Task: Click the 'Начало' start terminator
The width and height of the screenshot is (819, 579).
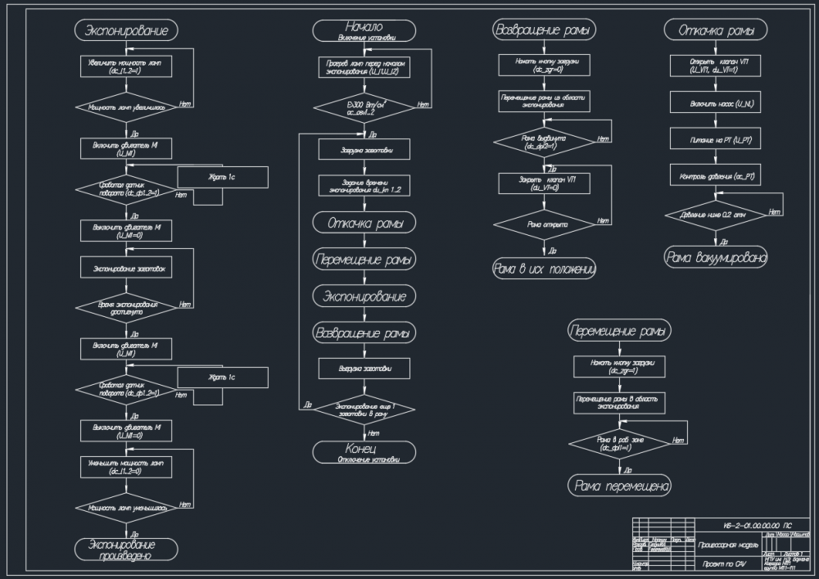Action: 364,30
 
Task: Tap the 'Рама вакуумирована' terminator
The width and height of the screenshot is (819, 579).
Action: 716,258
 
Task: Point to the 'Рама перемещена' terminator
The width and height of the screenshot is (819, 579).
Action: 619,486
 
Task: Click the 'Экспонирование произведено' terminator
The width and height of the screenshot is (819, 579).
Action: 126,549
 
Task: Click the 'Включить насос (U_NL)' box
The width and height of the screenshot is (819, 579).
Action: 716,104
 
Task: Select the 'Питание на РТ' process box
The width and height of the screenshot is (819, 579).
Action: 716,140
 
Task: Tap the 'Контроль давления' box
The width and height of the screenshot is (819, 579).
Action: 716,176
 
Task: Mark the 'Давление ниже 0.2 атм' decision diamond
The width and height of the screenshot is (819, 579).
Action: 716,215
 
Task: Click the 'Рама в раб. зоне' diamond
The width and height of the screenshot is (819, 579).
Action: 619,443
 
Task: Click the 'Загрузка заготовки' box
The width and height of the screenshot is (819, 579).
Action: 364,150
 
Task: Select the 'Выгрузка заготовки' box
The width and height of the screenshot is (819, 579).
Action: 364,369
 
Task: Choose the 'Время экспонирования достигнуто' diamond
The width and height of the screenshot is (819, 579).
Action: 126,308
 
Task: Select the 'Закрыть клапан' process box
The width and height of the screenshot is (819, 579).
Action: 544,183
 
